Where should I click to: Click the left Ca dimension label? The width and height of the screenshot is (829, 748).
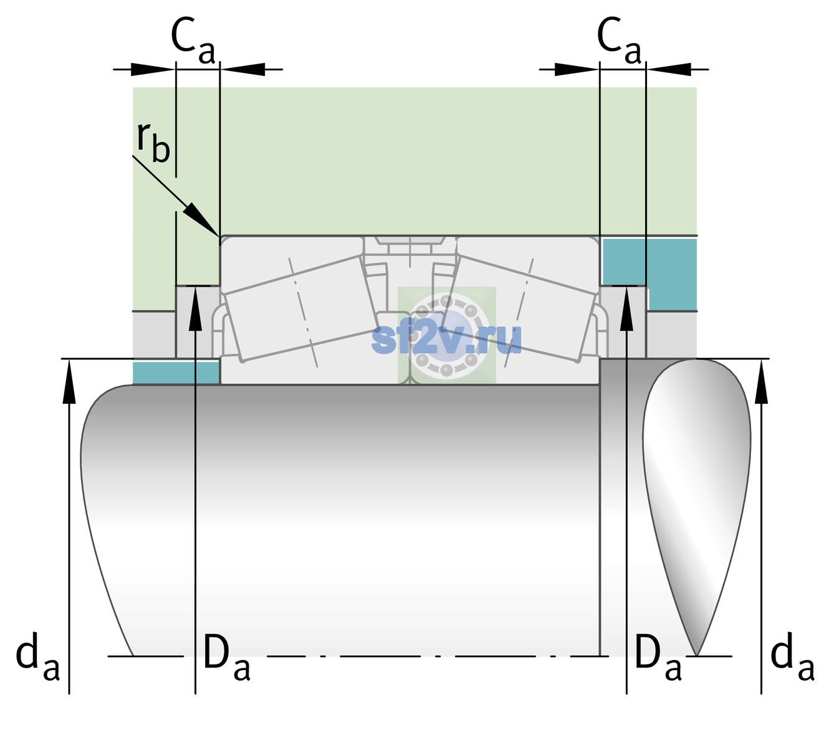click(193, 41)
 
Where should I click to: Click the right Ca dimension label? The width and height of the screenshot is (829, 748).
click(619, 41)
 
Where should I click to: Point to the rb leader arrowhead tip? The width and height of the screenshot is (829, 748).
click(219, 236)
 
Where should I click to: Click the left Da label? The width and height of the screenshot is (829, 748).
click(227, 657)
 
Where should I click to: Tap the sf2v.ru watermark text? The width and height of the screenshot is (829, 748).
click(446, 338)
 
